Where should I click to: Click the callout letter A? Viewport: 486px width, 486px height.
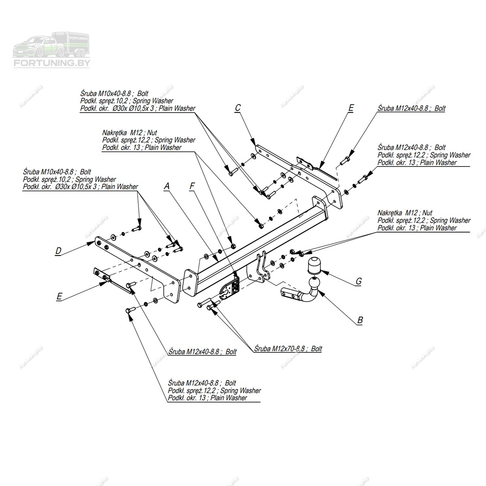point(167,186)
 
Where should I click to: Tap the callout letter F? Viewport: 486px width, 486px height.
point(192,186)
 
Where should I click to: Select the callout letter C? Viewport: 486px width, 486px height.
point(238,108)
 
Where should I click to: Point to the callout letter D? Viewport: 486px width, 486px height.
point(58,252)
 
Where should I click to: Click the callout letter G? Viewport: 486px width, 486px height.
point(358,281)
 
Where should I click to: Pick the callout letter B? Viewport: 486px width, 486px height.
point(360,320)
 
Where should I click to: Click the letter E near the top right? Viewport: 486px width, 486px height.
point(351,108)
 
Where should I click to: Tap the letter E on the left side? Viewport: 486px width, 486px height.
point(59,297)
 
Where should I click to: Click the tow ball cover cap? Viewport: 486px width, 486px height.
point(315,265)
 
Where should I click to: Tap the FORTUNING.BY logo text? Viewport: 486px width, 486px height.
point(52,63)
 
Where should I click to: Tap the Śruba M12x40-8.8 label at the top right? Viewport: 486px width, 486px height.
point(411,109)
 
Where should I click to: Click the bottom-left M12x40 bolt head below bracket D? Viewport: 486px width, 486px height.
point(128,311)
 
